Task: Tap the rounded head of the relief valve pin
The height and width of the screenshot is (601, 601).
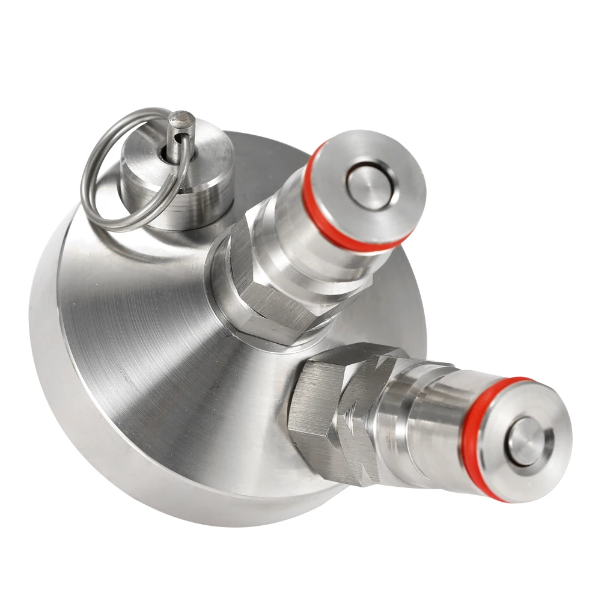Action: click(180, 120)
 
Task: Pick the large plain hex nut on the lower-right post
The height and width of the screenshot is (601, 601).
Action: click(313, 415)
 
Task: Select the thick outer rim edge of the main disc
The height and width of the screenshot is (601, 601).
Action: click(54, 361)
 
